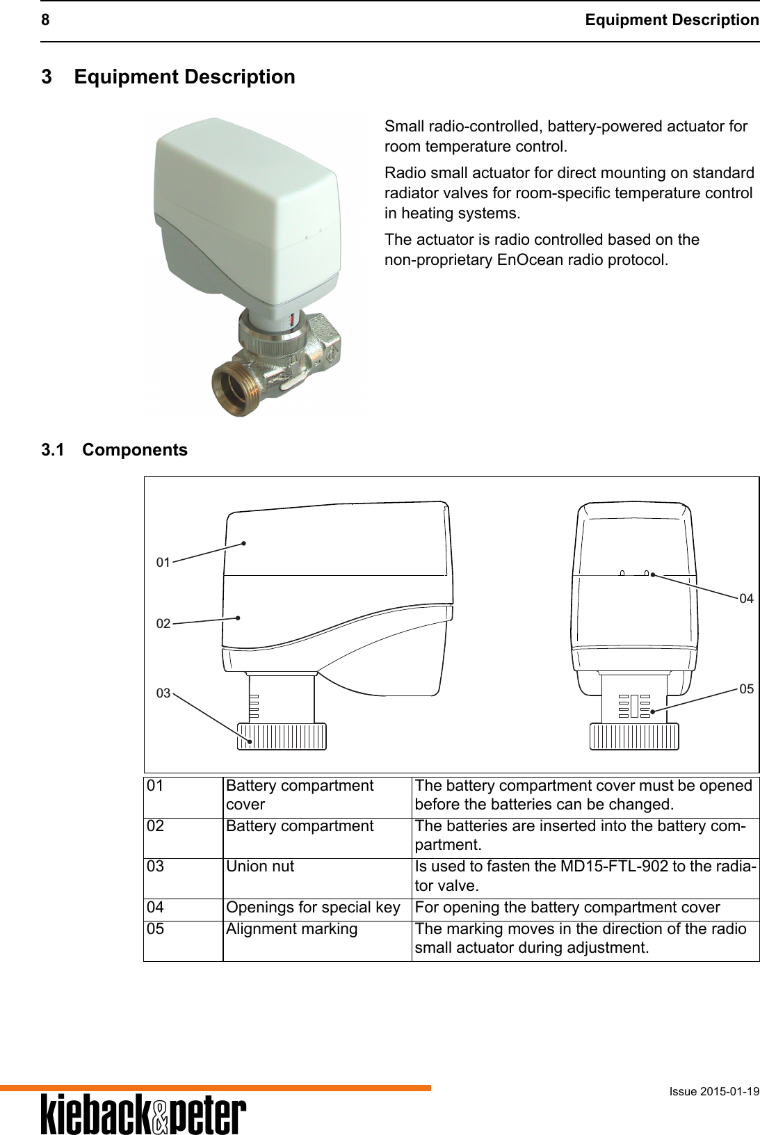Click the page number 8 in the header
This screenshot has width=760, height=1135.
click(x=45, y=20)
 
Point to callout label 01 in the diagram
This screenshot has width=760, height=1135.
click(x=163, y=562)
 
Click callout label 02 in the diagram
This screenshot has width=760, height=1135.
click(x=163, y=624)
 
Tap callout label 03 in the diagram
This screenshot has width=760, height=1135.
click(x=163, y=693)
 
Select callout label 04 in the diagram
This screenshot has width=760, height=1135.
click(x=746, y=598)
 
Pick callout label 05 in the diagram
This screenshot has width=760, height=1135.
click(x=746, y=689)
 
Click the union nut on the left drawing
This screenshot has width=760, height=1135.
click(x=282, y=736)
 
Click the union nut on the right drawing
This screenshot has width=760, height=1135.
click(x=634, y=736)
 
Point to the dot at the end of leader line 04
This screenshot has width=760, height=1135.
click(x=654, y=575)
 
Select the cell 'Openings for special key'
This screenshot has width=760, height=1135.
click(x=313, y=908)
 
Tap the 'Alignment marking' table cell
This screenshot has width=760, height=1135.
click(x=292, y=929)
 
